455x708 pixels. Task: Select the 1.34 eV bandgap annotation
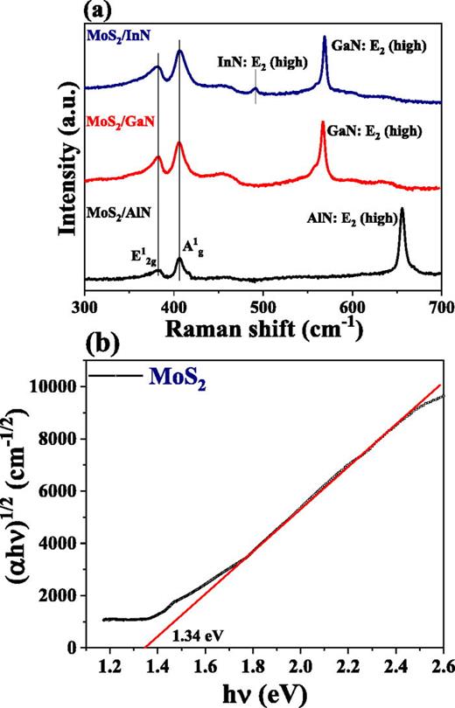(198, 632)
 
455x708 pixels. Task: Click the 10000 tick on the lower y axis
(66, 386)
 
